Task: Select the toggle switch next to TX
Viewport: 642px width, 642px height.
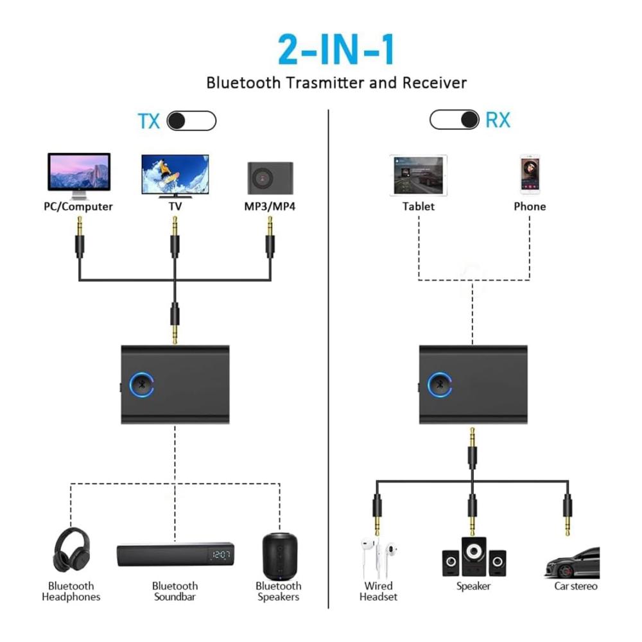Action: click(x=191, y=121)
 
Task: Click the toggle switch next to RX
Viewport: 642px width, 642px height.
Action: click(x=455, y=119)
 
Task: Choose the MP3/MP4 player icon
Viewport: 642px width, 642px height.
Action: click(x=270, y=178)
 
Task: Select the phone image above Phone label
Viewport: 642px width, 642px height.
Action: click(x=530, y=174)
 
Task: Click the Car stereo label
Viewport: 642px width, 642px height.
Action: click(x=575, y=586)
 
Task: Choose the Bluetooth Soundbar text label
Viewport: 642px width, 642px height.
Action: click(x=175, y=591)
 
